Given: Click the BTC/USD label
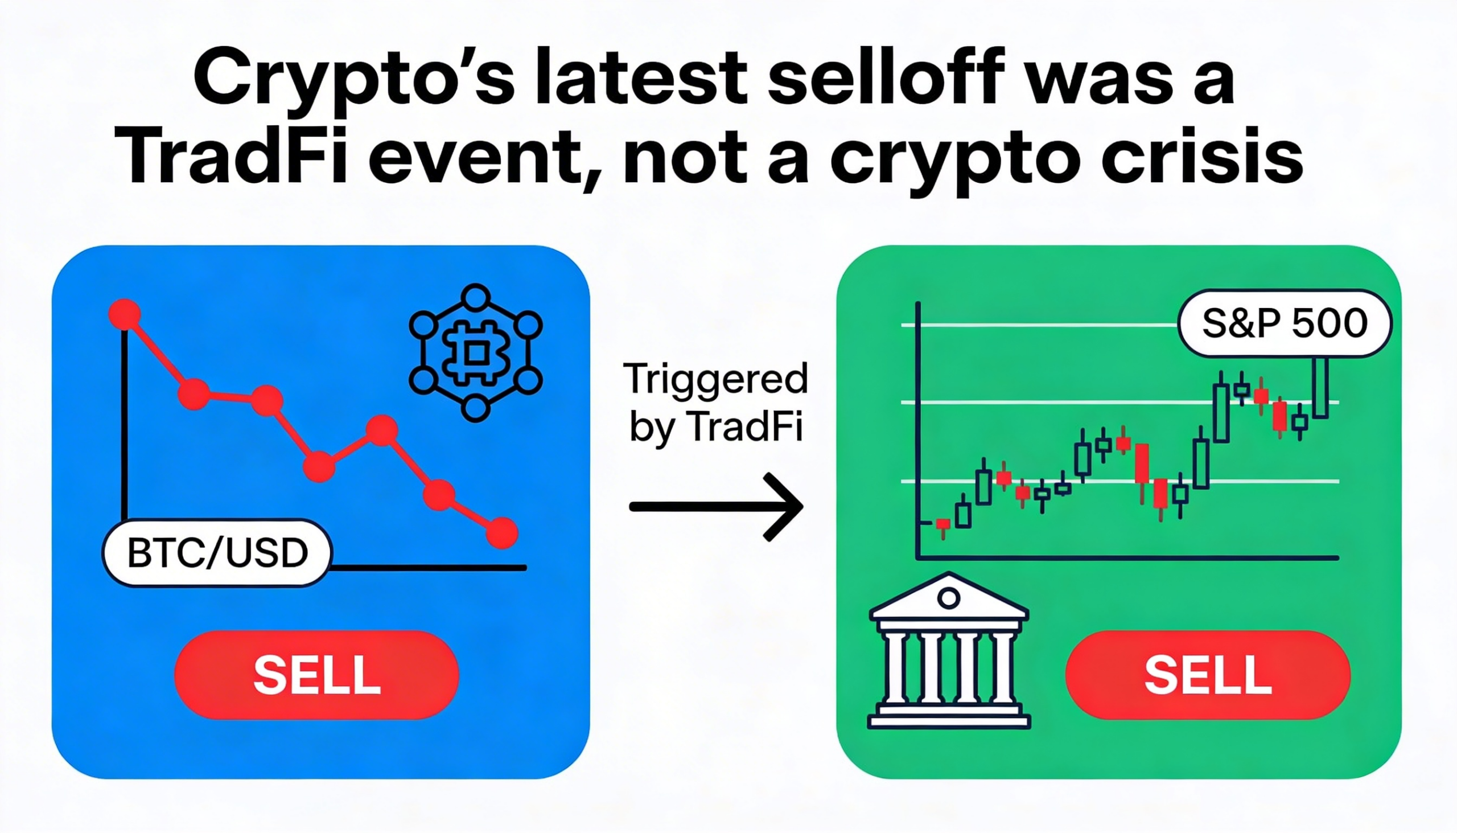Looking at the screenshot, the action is (x=217, y=553).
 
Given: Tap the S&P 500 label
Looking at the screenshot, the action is (x=1285, y=323).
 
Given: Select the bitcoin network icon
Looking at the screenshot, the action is (x=476, y=353).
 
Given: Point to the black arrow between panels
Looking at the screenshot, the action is (x=717, y=507).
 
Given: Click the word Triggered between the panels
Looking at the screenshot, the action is (x=717, y=379).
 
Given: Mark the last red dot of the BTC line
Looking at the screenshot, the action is (x=501, y=532).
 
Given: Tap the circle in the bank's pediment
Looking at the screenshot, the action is (x=949, y=598).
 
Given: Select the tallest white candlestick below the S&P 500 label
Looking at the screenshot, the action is (x=1320, y=388).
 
